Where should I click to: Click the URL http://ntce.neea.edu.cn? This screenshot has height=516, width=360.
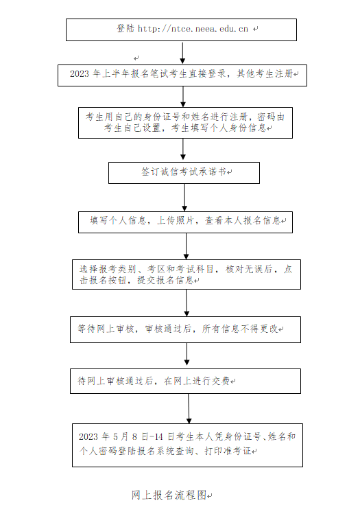tap(193, 29)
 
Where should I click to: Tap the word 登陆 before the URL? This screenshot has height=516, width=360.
tap(125, 29)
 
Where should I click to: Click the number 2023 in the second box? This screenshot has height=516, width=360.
tap(80, 73)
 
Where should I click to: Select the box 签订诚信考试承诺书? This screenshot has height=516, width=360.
tap(184, 172)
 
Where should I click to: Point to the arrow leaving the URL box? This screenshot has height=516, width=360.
tap(182, 53)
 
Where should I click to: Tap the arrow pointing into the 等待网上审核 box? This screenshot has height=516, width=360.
tap(187, 303)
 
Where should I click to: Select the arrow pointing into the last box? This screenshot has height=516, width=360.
tap(189, 410)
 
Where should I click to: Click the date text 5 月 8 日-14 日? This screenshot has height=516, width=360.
tap(140, 436)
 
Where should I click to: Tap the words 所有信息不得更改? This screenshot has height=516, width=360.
tap(239, 329)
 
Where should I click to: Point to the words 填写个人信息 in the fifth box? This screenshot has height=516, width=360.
tap(118, 221)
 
